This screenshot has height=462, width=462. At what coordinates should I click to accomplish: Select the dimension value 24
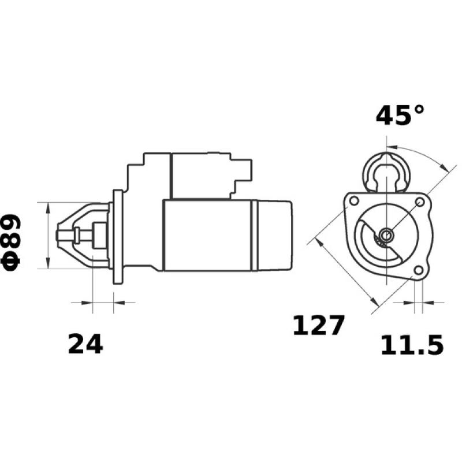pyautogui.click(x=85, y=345)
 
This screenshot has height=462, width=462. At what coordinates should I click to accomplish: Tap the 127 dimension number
pyautogui.click(x=318, y=326)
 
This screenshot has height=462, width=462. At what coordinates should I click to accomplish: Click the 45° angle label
pyautogui.click(x=400, y=115)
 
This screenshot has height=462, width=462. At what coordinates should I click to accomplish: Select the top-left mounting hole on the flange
pyautogui.click(x=352, y=200)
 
